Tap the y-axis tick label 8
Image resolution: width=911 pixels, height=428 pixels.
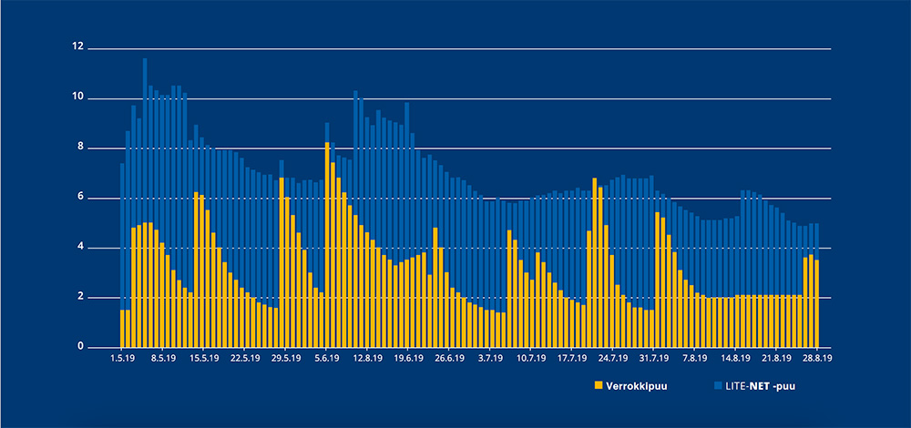79,148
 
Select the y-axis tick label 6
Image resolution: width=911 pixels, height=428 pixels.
79,198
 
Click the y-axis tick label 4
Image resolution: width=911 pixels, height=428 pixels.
79,248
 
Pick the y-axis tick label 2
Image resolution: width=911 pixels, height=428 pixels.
79,298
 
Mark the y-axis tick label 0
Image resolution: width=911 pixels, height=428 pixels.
79,347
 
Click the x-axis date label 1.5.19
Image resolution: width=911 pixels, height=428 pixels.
123,359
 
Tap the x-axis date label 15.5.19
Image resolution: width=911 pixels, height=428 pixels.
205,359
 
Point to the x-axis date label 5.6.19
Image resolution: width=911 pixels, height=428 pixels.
326,359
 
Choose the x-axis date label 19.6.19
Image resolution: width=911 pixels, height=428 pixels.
408,359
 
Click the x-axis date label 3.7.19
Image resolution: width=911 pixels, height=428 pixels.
490,359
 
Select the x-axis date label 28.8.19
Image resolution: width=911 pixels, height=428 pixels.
816,359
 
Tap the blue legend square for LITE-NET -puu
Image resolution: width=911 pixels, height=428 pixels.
716,385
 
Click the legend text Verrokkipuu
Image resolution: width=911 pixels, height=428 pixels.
635,385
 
